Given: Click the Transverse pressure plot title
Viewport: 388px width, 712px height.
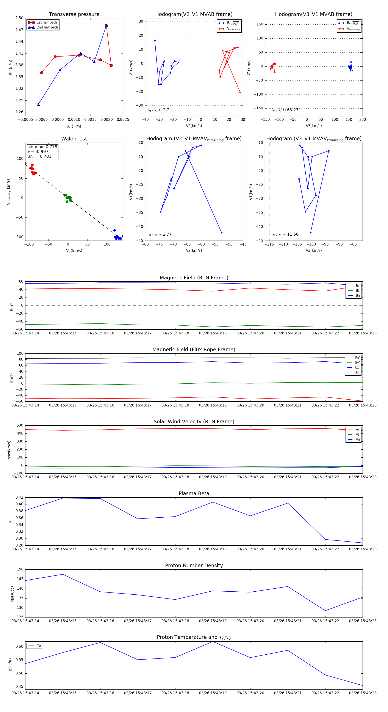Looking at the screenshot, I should (74, 14).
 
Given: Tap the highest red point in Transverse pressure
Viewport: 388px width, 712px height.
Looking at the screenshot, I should (106, 26).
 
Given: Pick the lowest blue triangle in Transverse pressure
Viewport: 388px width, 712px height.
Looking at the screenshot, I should (38, 104).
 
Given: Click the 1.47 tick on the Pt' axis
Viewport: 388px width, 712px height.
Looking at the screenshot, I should (19, 30).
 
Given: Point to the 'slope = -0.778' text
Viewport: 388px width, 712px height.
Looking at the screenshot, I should (42, 147).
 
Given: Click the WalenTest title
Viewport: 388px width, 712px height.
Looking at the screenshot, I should (74, 139).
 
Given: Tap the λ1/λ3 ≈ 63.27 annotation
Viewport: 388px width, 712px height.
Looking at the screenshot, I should (285, 110).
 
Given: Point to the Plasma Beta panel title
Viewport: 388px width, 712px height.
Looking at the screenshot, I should (194, 493).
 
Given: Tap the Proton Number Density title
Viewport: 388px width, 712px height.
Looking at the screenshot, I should (194, 566).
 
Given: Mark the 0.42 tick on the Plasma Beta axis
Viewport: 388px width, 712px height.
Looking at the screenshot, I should (19, 497).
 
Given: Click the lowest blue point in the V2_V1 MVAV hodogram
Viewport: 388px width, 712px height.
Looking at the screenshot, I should (221, 233).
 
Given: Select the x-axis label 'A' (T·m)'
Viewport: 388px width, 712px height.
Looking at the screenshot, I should (74, 126).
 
